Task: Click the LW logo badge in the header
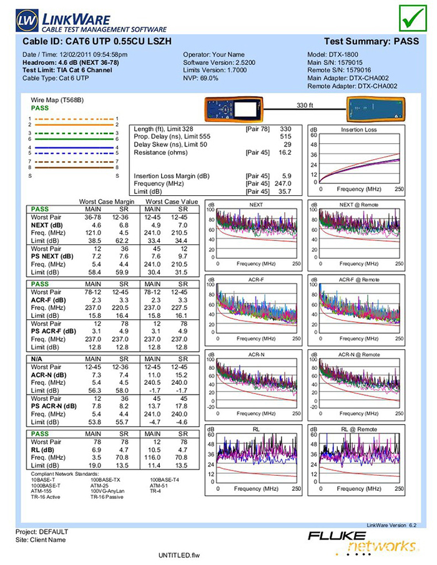coord(27,20)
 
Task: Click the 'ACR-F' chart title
coord(257,279)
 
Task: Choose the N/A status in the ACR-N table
coord(36,359)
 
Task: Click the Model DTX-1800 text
coord(336,54)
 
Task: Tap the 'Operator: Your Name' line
coord(214,54)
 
